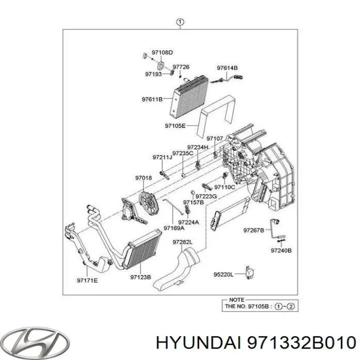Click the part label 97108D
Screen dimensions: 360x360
tap(162, 52)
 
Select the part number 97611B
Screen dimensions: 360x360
tap(151, 99)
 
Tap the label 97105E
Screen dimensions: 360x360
tap(175, 125)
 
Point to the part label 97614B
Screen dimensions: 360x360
tap(227, 67)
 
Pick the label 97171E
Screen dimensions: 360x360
tap(87, 280)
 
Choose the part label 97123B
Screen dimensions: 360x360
tap(140, 276)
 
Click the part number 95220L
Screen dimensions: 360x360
tap(223, 274)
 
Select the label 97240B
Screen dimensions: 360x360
tap(281, 249)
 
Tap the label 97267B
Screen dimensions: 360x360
tap(253, 230)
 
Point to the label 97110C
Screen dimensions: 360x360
tap(224, 187)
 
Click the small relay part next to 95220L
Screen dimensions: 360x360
tap(248, 273)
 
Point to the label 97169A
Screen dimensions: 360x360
tap(174, 228)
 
